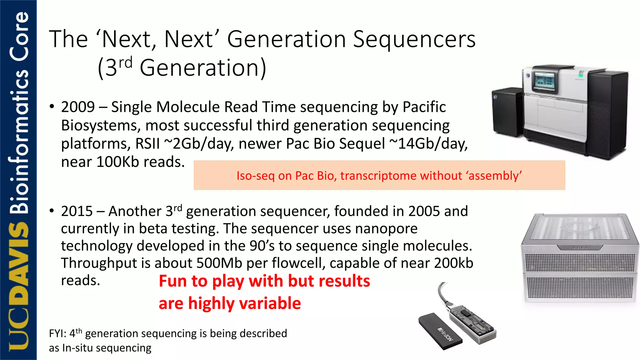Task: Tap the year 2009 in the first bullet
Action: pos(78,107)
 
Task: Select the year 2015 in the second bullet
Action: pos(77,211)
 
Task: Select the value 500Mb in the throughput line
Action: pos(219,263)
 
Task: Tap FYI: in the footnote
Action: pos(57,334)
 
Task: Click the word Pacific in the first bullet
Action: pos(424,107)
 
